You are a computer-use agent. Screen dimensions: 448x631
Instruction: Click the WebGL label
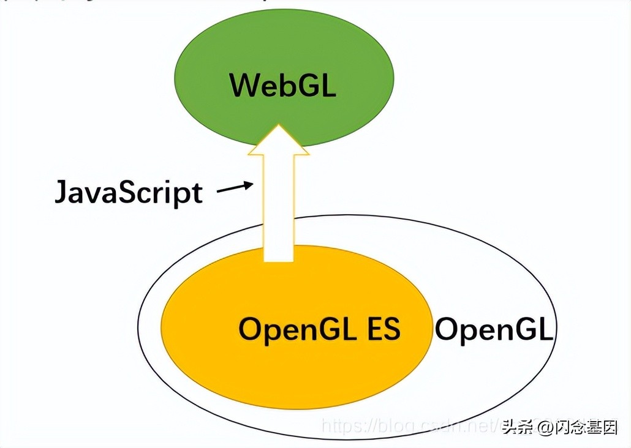(283, 85)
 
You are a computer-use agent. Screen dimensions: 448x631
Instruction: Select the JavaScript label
(129, 192)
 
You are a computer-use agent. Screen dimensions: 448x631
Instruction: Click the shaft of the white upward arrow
(279, 208)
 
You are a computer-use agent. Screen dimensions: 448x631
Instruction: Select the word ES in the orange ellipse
(384, 329)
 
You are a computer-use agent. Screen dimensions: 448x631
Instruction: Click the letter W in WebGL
(243, 85)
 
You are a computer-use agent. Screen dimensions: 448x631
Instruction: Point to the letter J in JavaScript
(61, 192)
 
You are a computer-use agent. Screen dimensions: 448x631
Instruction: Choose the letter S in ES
(392, 329)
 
